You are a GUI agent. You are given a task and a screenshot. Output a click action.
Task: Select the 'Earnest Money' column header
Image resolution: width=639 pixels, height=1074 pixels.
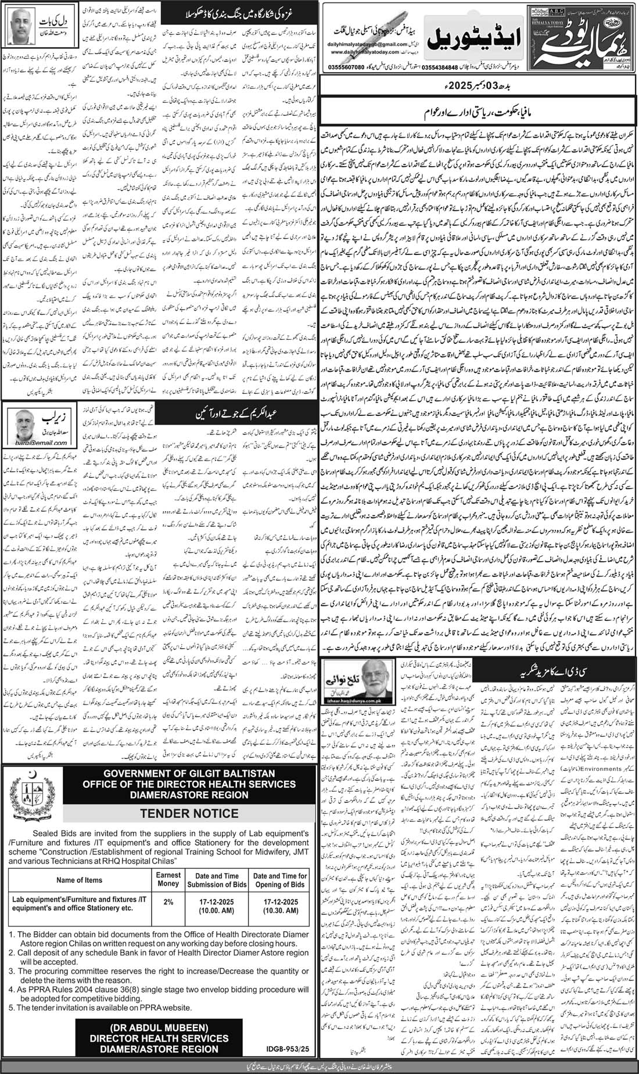(168, 880)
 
